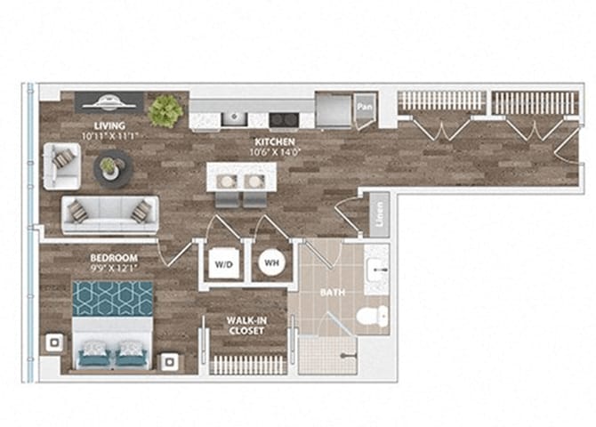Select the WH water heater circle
[x=270, y=262]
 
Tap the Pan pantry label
[x=364, y=109]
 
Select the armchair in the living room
[x=62, y=165]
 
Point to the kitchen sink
[x=235, y=117]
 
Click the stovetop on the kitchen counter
[x=283, y=117]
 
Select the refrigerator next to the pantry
[x=334, y=110]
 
